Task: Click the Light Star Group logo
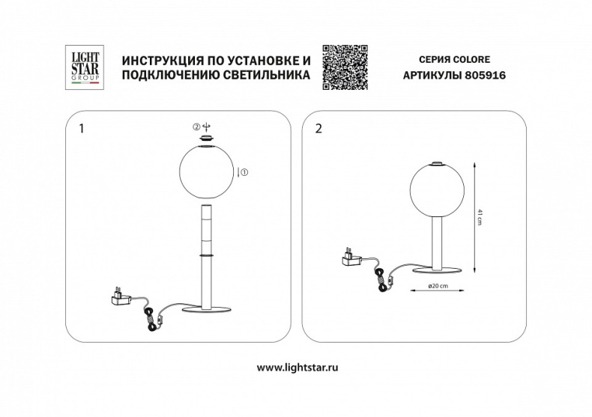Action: [x=83, y=67]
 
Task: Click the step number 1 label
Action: [x=82, y=128]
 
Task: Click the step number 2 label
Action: [x=320, y=128]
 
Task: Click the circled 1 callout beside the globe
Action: [x=244, y=173]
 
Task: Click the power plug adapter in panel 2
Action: [x=349, y=256]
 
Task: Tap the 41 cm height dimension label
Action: [x=479, y=217]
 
